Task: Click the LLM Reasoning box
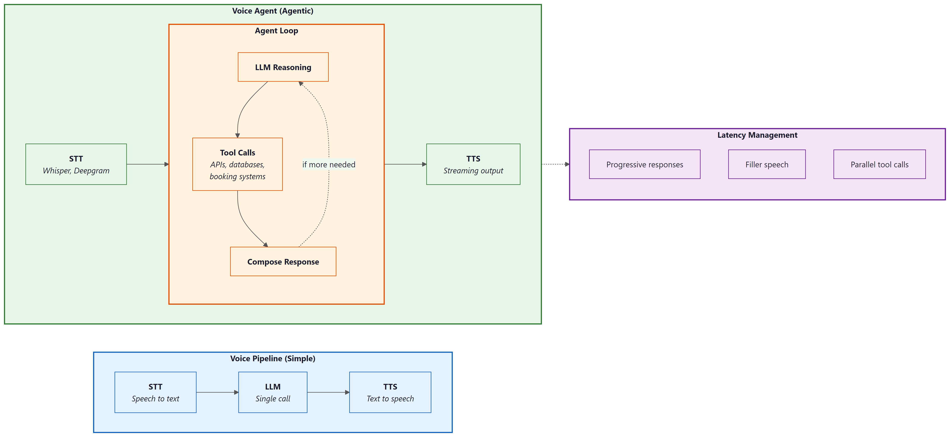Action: (x=283, y=67)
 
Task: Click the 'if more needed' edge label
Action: (x=329, y=165)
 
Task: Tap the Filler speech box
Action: (x=767, y=165)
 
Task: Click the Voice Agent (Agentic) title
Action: (x=273, y=11)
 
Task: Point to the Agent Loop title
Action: (x=276, y=31)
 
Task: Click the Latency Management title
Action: (x=757, y=135)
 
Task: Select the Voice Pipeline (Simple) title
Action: (x=273, y=358)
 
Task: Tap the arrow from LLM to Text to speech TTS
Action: (x=328, y=392)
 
